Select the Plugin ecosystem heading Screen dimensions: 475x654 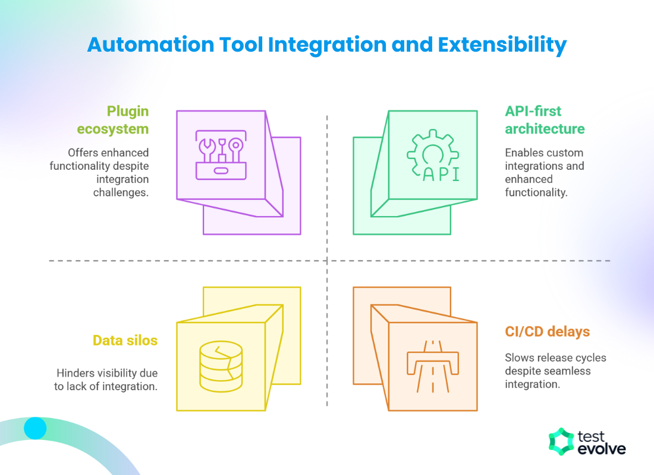[128, 120]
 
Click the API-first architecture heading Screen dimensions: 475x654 [545, 120]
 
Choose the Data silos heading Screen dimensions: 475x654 [125, 340]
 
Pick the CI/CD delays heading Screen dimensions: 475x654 [548, 331]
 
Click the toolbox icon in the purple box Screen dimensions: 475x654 [221, 155]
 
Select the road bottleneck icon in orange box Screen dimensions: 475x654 [432, 366]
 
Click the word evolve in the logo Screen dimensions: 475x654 [601, 449]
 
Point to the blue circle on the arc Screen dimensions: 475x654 [35, 427]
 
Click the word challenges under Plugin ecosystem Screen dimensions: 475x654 [121, 192]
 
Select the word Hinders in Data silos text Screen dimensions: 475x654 [75, 373]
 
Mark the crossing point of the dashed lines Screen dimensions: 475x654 [327, 261]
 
